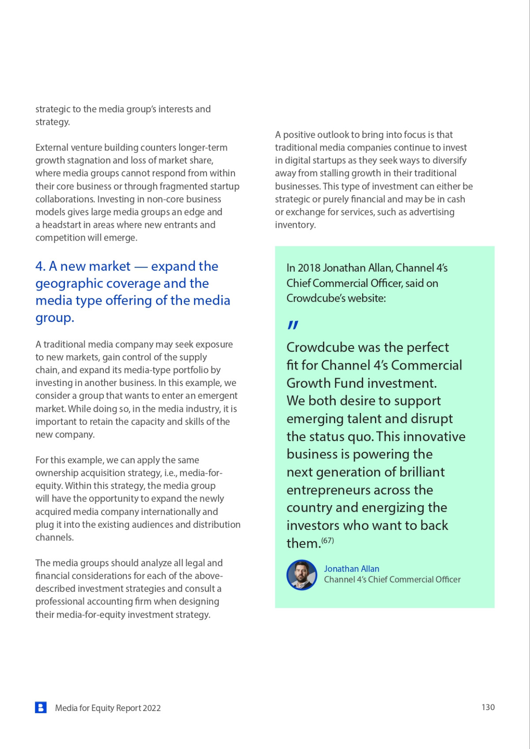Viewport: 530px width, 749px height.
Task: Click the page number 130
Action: [x=488, y=707]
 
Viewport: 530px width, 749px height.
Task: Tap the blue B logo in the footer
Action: [x=41, y=707]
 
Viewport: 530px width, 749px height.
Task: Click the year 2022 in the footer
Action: [x=152, y=708]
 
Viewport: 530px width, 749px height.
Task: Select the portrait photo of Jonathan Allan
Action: [x=302, y=575]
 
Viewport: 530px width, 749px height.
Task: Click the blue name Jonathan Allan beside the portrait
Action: [x=352, y=569]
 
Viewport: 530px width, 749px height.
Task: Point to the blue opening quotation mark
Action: [x=293, y=325]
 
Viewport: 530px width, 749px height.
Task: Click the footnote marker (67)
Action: [x=328, y=540]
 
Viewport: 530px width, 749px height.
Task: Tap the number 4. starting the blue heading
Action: [x=41, y=266]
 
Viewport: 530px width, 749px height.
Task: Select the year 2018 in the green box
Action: [x=309, y=268]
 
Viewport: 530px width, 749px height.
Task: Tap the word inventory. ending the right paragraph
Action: [x=295, y=225]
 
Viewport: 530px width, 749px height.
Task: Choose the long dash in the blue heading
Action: [x=141, y=267]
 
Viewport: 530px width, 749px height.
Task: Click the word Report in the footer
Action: [x=129, y=708]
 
